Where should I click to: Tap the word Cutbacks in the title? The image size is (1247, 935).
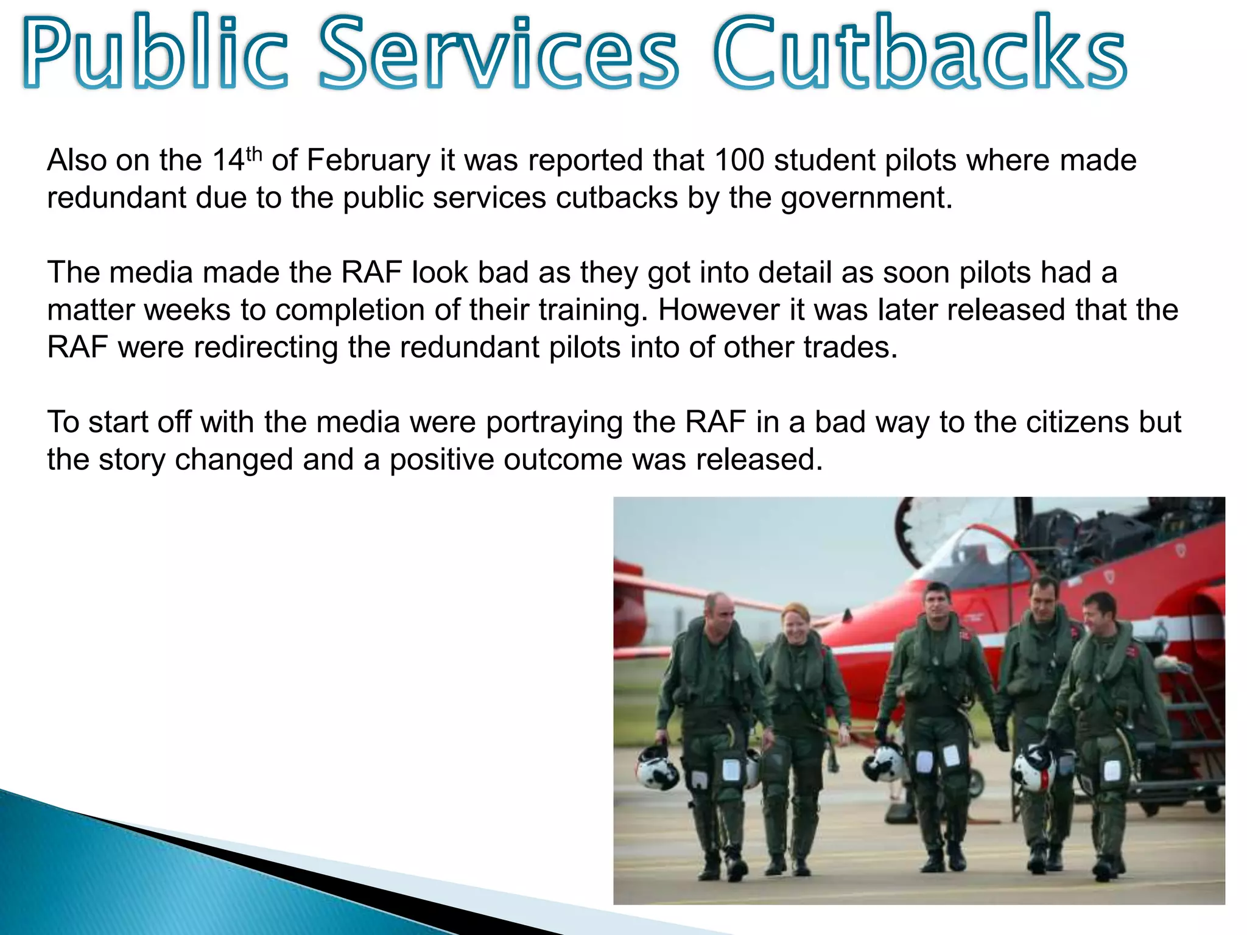[x=919, y=54]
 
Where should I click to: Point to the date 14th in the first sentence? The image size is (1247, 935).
[x=237, y=161]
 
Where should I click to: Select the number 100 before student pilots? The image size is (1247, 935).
[x=739, y=161]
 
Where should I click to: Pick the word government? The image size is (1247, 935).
[x=867, y=198]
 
